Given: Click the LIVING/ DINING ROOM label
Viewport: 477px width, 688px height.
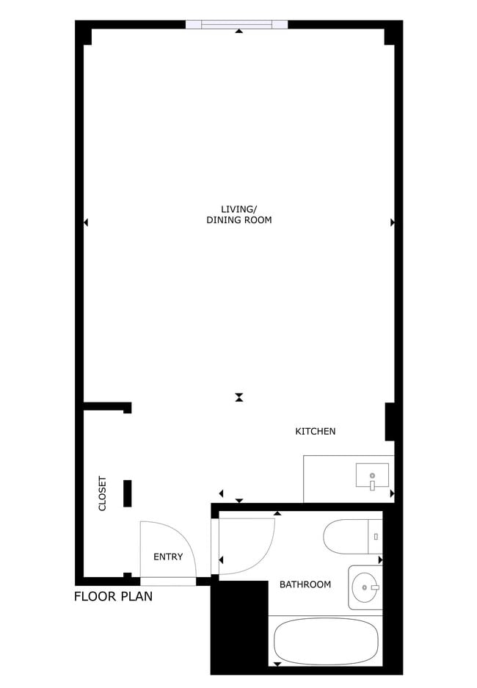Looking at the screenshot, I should tap(238, 214).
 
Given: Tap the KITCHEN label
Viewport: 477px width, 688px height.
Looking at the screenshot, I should tap(315, 431).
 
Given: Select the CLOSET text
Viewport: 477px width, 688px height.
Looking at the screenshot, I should tap(103, 494).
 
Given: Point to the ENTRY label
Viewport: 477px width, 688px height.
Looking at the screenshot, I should tap(168, 557).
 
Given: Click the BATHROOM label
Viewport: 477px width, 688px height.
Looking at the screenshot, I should tap(305, 584).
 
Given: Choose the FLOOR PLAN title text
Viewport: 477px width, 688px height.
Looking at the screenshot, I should tap(114, 596).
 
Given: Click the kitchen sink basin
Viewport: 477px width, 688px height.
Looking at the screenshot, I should tap(372, 475).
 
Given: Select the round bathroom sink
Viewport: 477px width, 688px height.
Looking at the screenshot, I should tap(364, 587).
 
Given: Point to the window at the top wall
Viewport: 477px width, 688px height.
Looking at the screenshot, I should tap(236, 24).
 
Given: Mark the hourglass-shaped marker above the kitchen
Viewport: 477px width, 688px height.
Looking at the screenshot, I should tap(239, 397).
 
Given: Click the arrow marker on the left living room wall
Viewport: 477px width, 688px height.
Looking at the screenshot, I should tap(86, 222).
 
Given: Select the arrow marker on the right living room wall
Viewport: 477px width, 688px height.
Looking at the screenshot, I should tap(393, 222).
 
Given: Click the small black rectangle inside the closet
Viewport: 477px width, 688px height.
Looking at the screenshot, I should tap(128, 493).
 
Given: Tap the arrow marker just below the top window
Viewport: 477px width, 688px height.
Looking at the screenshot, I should tap(239, 32).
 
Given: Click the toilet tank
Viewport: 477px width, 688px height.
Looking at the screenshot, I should tap(375, 537).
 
